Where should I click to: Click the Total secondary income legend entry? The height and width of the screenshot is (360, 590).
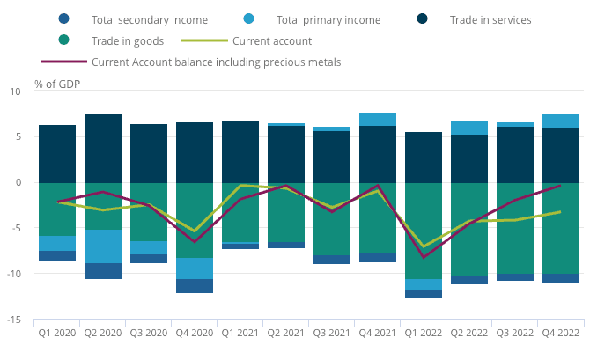[149, 18]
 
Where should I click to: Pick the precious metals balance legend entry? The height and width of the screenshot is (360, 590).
[216, 62]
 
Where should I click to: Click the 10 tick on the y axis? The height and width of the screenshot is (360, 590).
[15, 92]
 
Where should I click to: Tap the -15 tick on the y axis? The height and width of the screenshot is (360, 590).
[14, 320]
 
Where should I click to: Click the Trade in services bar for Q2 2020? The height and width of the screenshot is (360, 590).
[103, 148]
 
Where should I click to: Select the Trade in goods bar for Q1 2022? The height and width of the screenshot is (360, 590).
[424, 231]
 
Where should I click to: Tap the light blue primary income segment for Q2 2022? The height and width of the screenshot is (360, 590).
[469, 128]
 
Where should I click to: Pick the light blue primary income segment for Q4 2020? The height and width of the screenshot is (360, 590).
[195, 268]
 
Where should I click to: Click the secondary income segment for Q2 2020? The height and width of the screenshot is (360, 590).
[103, 271]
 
